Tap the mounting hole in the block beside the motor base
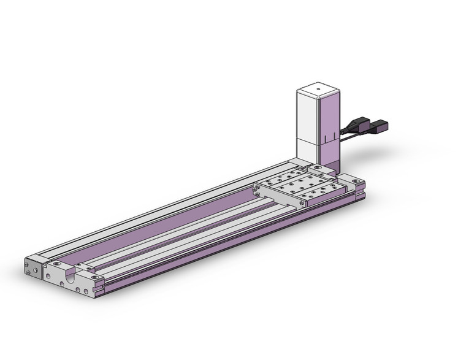318,167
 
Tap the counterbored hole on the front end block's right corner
94,277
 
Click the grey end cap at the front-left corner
33,268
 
